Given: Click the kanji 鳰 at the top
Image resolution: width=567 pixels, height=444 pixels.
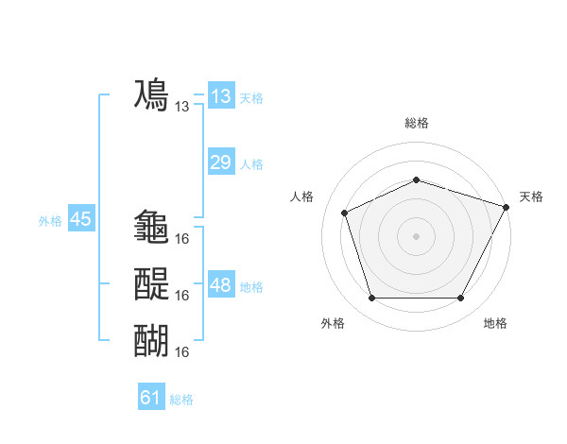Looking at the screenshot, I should click(x=152, y=95).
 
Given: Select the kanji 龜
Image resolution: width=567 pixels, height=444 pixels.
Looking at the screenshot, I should click(x=152, y=227).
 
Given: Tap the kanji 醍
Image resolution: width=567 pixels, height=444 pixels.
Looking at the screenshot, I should click(x=152, y=283).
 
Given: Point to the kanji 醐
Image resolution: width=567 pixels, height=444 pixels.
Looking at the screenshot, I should click(x=152, y=339).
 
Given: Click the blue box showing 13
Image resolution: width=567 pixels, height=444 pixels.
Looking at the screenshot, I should click(x=220, y=96).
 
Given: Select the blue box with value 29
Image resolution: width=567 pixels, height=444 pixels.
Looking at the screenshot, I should click(x=220, y=162).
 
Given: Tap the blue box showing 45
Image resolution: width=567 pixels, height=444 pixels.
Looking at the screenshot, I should click(x=80, y=219).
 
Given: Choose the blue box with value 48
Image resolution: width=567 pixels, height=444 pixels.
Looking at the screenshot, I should click(x=220, y=285).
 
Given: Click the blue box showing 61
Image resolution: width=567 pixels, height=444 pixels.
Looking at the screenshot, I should click(x=151, y=398).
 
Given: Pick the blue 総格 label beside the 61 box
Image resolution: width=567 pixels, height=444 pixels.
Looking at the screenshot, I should click(x=181, y=400).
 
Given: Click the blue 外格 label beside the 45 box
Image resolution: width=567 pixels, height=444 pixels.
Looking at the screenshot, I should click(x=50, y=221).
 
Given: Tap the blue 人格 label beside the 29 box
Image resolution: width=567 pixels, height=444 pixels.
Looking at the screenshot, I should click(x=251, y=164).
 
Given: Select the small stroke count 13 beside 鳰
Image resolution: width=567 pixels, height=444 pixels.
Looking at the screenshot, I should click(x=182, y=107).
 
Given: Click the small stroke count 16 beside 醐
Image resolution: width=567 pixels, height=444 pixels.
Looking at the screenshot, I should click(x=182, y=351).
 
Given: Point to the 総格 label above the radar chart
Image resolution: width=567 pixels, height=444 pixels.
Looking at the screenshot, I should click(x=416, y=123).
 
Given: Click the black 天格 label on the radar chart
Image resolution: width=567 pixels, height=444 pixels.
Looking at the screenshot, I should click(x=531, y=196).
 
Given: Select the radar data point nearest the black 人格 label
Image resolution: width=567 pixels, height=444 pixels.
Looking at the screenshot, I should click(x=346, y=213).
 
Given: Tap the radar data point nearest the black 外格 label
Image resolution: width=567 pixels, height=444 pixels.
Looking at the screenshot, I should click(x=371, y=299).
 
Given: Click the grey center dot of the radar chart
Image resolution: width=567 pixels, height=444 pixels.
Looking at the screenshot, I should click(x=416, y=236).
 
